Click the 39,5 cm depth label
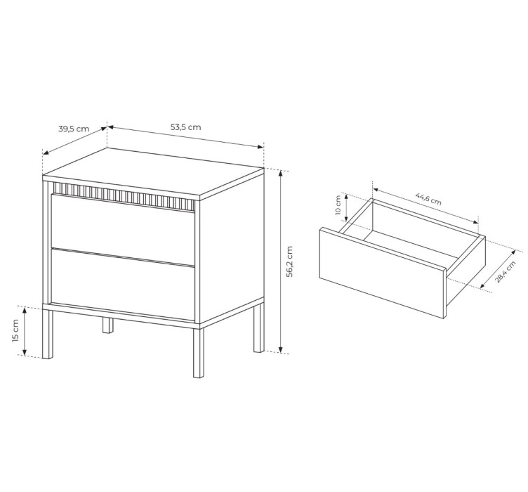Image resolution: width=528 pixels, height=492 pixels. pos(74,129)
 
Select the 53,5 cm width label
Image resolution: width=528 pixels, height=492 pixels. pos(185,127)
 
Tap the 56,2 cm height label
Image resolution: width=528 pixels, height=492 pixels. pos(289,261)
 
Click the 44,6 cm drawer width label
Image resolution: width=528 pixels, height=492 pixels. pos(428,199)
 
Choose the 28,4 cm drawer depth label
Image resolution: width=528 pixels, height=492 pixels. pos(505,272)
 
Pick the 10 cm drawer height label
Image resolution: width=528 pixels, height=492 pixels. pos(338,205)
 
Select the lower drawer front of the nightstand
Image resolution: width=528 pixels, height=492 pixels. pos(123,284)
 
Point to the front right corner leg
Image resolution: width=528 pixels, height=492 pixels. pos(199,353)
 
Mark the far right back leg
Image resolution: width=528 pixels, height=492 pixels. pos(259,328)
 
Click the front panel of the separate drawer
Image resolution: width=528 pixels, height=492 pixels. pos(383,273)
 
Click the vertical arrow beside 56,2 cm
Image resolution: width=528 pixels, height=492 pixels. pos(281,261)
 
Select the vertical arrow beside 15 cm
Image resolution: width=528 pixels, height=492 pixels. pos(25,331)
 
